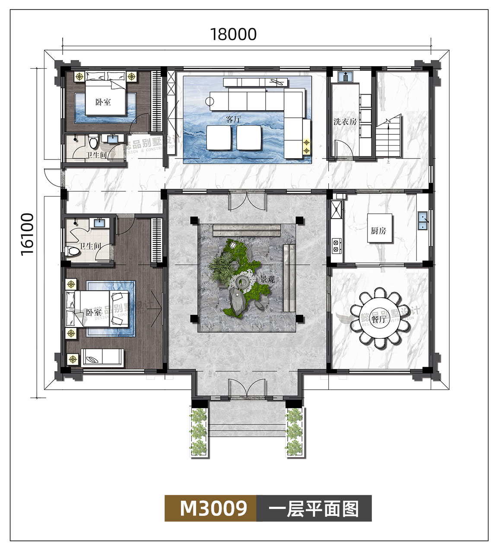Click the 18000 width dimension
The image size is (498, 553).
pyautogui.click(x=233, y=34)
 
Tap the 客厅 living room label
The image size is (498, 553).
pyautogui.click(x=233, y=119)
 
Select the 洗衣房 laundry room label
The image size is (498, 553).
pyautogui.click(x=345, y=122)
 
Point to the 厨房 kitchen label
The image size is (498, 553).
pyautogui.click(x=378, y=231)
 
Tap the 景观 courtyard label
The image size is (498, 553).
pyautogui.click(x=267, y=280)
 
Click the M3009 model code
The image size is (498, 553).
pyautogui.click(x=213, y=508)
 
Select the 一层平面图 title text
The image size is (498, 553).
pyautogui.click(x=314, y=509)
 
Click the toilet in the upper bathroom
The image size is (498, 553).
pyautogui.click(x=92, y=141)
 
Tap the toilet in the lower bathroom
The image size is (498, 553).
pyautogui.click(x=73, y=251)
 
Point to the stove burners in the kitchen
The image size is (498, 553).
pyautogui.click(x=335, y=245)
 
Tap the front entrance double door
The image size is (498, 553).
pyautogui.click(x=246, y=388)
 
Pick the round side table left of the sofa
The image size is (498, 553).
pyautogui.click(x=209, y=102)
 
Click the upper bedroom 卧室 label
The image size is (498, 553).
pyautogui.click(x=103, y=102)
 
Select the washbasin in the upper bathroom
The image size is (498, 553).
pyautogui.click(x=113, y=138)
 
